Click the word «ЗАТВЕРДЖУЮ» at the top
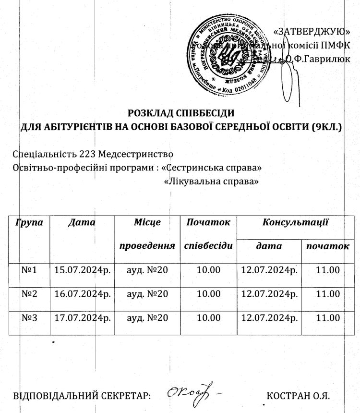click(x=311, y=32)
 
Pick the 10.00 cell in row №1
click(x=209, y=270)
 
